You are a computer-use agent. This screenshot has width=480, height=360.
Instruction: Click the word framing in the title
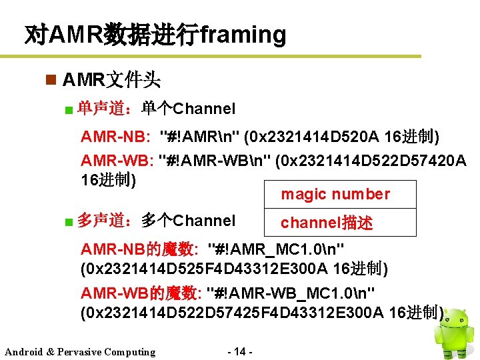coord(243,34)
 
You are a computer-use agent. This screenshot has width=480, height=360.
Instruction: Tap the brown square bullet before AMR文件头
coord(49,81)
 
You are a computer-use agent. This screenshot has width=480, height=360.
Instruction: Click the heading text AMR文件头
coord(111,81)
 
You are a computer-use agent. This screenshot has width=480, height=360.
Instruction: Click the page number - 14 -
coord(240,351)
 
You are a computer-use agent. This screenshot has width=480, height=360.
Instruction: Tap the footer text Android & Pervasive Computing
coord(80,352)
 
